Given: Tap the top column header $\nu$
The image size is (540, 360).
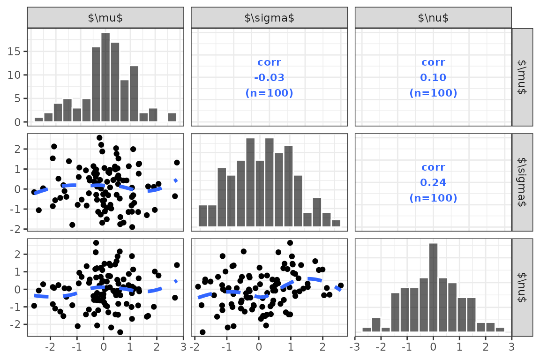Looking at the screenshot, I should (x=433, y=18).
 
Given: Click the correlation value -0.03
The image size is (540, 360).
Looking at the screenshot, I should (x=270, y=77).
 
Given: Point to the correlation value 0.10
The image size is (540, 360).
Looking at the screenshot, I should (x=433, y=77).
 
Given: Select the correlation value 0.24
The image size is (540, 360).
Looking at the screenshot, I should (x=433, y=182).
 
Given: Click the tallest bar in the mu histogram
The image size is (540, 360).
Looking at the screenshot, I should (x=105, y=78).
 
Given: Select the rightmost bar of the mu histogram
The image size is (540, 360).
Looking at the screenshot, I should (x=172, y=118).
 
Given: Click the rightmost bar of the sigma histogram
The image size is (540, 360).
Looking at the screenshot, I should (x=336, y=223).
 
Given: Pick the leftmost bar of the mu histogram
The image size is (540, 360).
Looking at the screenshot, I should (x=39, y=120).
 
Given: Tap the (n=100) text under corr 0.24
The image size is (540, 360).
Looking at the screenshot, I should (x=433, y=198).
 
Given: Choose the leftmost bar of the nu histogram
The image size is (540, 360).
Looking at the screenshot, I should (x=367, y=330).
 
